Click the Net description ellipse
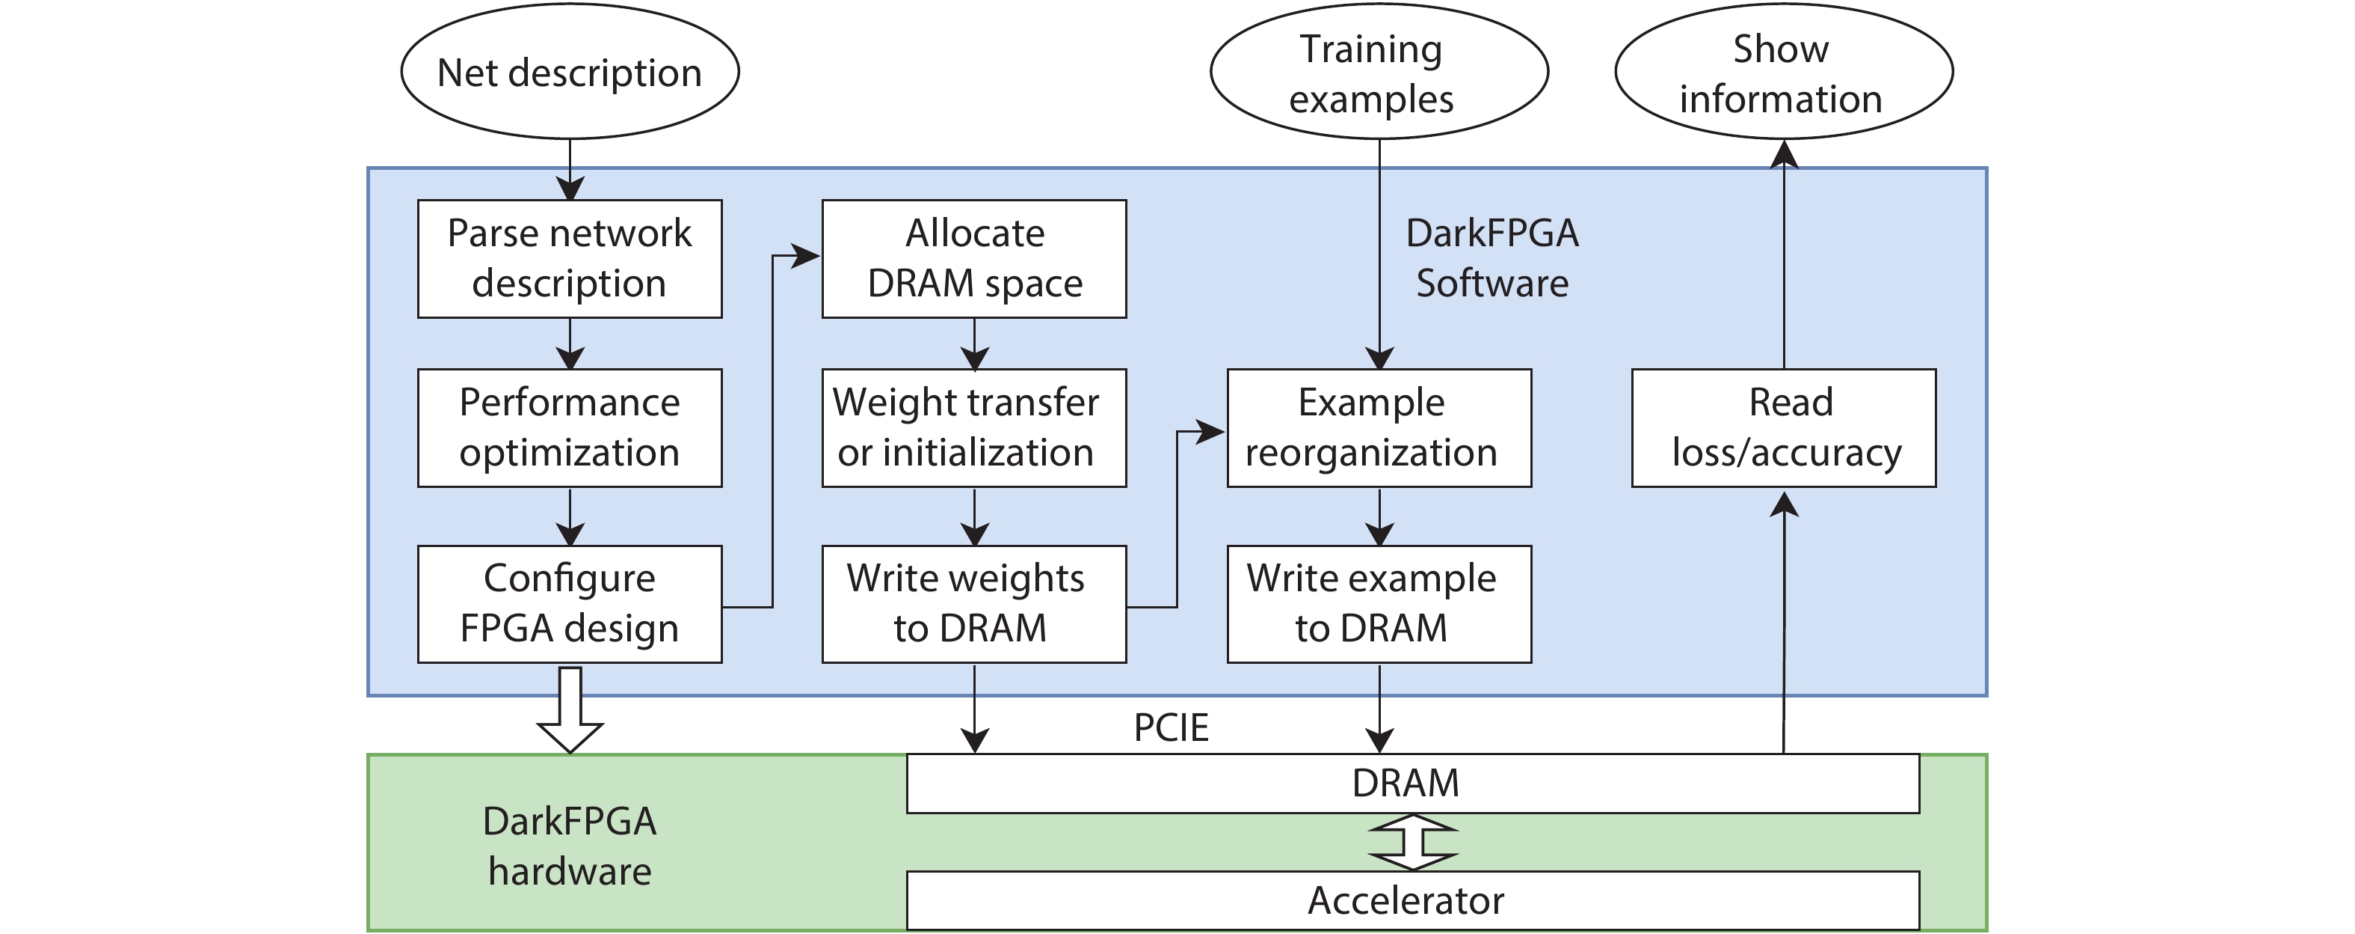coord(570,73)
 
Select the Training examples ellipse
coord(1379,73)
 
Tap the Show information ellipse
coord(1784,73)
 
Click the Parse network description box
coord(570,259)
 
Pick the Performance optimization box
coord(570,427)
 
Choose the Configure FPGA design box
coord(570,604)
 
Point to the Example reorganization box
coord(1379,427)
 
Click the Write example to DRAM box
coord(1379,604)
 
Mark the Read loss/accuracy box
coord(1784,427)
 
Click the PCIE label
coord(1171,728)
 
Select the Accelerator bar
coord(1412,900)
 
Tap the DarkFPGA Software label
coord(1492,258)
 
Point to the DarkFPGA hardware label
coord(570,846)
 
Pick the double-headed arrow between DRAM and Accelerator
coord(1412,842)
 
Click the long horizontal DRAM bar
coord(1412,783)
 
